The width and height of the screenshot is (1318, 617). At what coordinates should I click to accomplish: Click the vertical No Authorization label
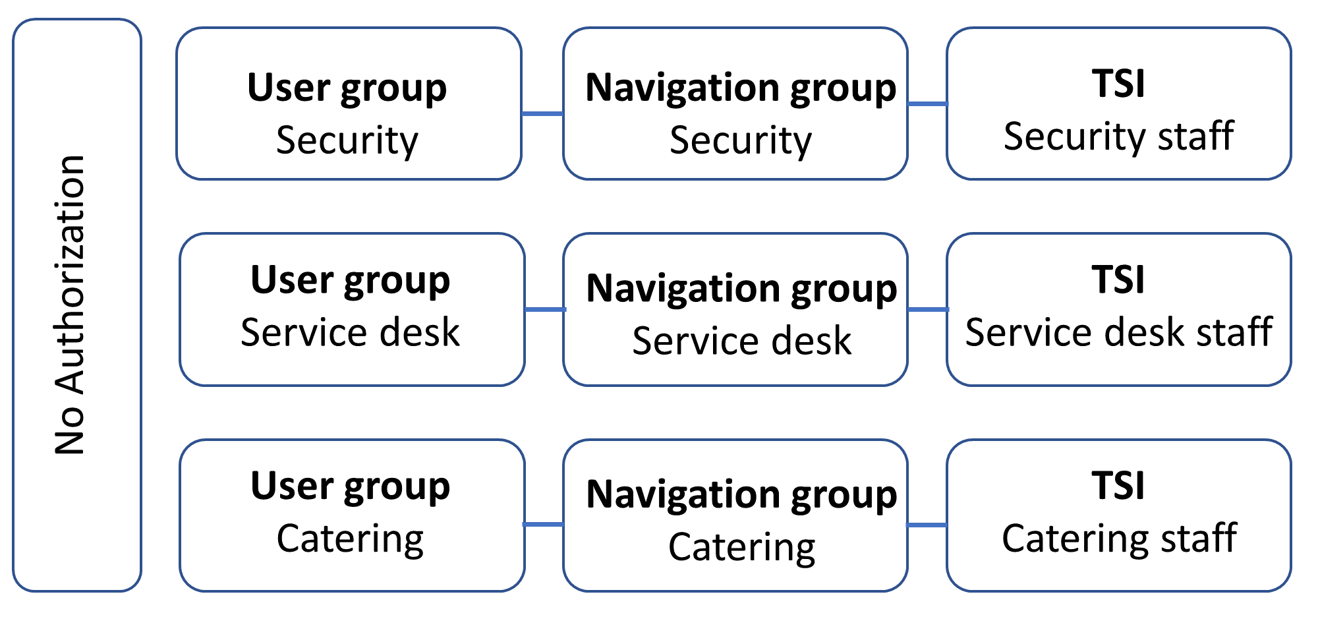point(70,305)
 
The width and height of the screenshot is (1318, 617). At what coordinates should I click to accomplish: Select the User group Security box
point(349,103)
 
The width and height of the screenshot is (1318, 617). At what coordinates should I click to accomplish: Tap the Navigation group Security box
point(735,103)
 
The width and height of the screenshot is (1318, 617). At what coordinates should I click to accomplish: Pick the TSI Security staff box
point(1118,103)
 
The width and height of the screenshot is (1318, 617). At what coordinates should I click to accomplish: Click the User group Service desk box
point(352,309)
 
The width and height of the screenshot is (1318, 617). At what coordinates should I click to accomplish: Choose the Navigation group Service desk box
point(735,309)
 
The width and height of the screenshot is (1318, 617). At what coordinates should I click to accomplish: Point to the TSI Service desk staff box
point(1118,309)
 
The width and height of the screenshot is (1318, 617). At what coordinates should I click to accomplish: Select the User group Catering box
point(352,515)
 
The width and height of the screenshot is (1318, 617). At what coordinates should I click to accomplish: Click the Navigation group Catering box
point(735,515)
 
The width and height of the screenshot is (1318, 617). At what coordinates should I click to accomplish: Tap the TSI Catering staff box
point(1118,515)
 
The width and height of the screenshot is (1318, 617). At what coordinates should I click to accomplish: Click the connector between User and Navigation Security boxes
point(542,114)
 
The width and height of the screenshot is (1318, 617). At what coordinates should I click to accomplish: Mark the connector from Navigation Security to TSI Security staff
point(927,103)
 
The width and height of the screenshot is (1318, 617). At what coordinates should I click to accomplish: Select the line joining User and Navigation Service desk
point(544,309)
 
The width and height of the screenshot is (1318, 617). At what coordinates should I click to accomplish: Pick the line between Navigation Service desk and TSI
point(927,309)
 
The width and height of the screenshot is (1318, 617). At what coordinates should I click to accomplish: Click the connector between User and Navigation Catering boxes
point(543,524)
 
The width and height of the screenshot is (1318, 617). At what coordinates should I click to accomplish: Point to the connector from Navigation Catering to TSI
point(927,525)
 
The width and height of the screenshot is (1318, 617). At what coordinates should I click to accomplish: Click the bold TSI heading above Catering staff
point(1118,486)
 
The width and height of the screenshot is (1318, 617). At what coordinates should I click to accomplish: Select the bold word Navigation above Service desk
point(683,289)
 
